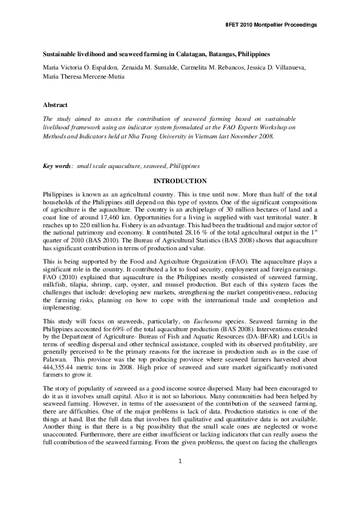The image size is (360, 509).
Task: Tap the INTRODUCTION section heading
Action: [x=180, y=181]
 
